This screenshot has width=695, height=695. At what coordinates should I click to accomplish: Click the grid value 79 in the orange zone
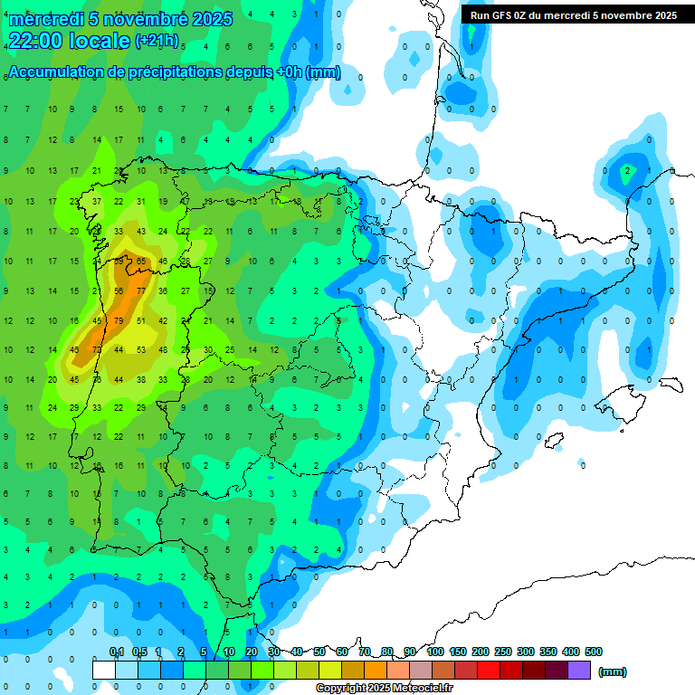(x=119, y=320)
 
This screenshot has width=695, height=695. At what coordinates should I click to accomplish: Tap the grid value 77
(x=141, y=290)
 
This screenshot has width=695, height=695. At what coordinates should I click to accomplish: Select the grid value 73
(x=97, y=350)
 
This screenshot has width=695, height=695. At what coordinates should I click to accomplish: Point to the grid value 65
(x=141, y=261)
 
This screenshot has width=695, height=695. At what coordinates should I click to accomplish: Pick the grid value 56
(x=119, y=290)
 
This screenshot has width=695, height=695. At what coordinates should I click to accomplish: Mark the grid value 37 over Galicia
(x=97, y=201)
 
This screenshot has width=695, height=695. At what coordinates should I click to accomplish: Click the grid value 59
(x=119, y=261)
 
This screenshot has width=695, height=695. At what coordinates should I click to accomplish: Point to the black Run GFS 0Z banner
(x=573, y=15)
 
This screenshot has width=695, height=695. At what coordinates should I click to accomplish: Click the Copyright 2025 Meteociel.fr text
(x=384, y=689)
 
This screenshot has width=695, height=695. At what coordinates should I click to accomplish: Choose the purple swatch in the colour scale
(x=580, y=670)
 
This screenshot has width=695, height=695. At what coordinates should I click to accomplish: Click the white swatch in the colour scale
(x=104, y=670)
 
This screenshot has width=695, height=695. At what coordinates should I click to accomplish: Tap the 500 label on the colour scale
(x=594, y=652)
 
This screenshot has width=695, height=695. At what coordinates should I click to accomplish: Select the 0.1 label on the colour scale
(x=117, y=652)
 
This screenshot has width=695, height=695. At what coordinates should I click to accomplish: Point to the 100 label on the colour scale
(x=435, y=652)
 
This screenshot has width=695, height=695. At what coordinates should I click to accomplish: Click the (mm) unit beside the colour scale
(x=613, y=671)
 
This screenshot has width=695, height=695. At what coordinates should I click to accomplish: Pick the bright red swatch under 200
(x=490, y=670)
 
